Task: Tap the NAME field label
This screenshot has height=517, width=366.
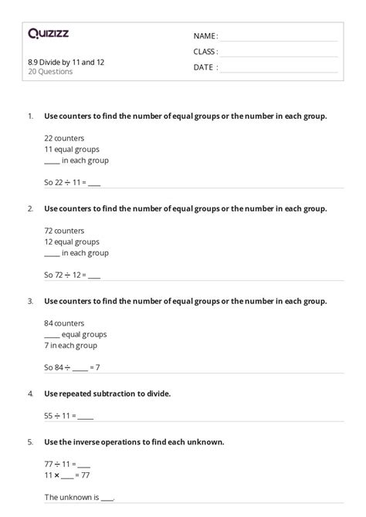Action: pyautogui.click(x=205, y=36)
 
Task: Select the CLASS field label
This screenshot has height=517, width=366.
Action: pyautogui.click(x=205, y=52)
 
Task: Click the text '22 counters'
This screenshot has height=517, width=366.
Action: pyautogui.click(x=64, y=137)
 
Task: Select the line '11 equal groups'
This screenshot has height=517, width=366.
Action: pyautogui.click(x=71, y=149)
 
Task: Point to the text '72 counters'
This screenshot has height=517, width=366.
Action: pyautogui.click(x=64, y=230)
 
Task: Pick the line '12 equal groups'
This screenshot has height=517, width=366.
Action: pyautogui.click(x=71, y=242)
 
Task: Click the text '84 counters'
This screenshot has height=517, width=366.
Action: pyautogui.click(x=64, y=323)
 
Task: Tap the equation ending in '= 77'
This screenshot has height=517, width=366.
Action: pyautogui.click(x=66, y=475)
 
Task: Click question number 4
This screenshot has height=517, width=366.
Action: pyautogui.click(x=29, y=394)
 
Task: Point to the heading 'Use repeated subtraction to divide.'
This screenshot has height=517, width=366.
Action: pyautogui.click(x=107, y=394)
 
